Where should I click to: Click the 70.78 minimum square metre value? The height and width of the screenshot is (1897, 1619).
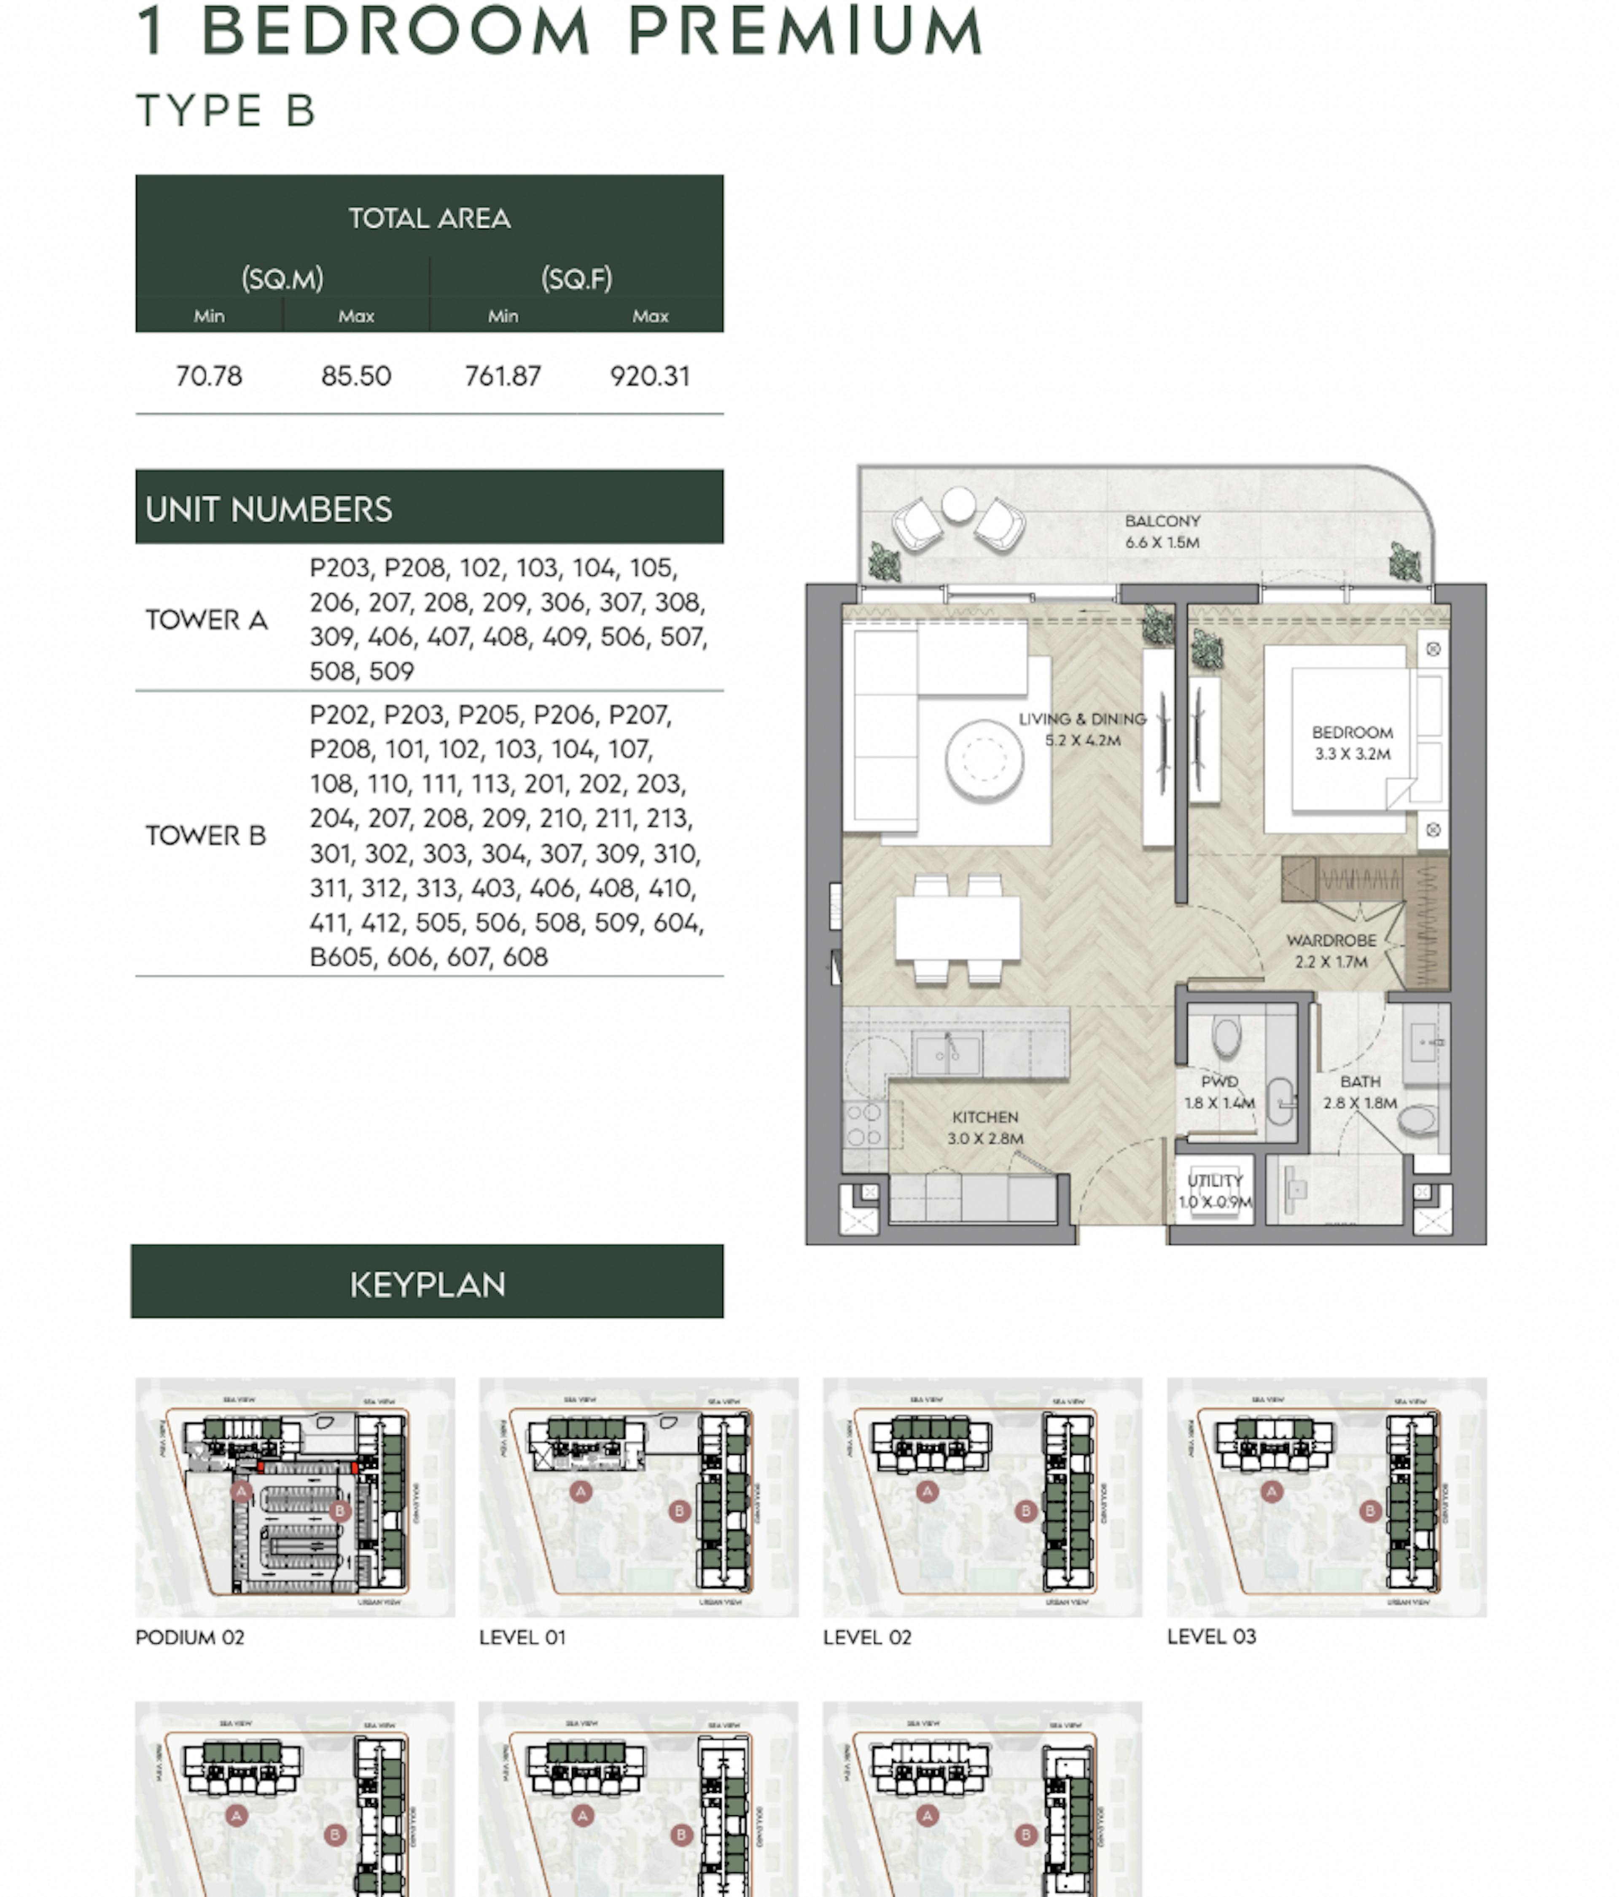(x=209, y=376)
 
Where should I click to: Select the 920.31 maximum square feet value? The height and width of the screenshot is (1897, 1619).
(x=650, y=376)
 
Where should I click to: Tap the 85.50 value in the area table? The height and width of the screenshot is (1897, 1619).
(x=356, y=376)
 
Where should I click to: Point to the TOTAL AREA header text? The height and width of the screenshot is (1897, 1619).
(x=429, y=218)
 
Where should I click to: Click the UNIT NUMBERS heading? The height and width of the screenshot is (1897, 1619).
(x=269, y=509)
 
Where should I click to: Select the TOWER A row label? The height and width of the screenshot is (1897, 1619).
(x=207, y=620)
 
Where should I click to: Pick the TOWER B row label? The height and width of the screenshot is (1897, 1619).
(x=206, y=835)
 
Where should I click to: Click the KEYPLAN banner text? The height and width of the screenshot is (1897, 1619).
(x=428, y=1285)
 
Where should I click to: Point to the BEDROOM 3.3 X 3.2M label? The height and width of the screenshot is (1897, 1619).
(x=1352, y=743)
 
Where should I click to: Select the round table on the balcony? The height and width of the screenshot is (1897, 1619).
(x=958, y=504)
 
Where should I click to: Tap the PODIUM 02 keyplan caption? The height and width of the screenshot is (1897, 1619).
(x=191, y=1637)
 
